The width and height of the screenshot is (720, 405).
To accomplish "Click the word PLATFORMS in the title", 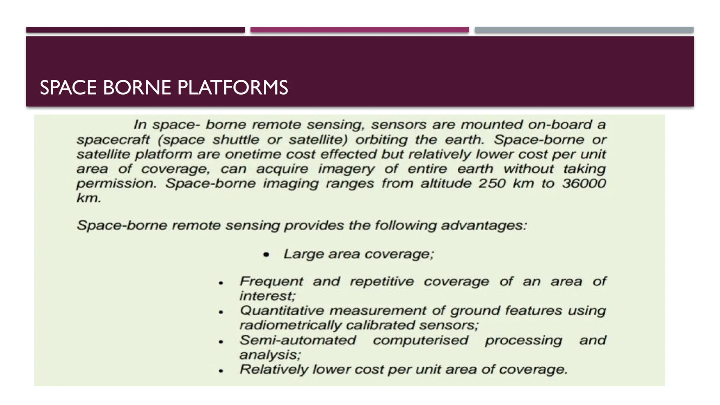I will coord(232,88).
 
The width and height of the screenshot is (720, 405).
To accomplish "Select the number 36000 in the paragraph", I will coord(584,183).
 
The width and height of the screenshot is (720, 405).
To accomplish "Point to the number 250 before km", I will coord(492,183).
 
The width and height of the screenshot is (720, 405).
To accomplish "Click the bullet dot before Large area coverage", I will coord(266,255).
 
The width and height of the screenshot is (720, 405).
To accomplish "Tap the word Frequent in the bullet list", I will coord(271,281).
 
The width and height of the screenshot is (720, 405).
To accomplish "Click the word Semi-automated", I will coord(298,340).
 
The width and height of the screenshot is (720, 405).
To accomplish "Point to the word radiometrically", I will coord(290,325).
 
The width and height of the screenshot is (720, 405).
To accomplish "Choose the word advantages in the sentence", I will coord(484,225).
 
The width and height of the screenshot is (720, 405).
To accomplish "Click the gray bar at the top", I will coord(584,30).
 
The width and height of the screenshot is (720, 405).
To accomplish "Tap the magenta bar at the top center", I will coord(360,30).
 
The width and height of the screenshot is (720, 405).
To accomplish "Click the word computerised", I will coord(420,340).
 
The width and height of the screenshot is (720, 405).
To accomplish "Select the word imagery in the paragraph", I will coord(346,169).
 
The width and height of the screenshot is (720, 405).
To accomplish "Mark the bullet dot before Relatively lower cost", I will coord(221,371).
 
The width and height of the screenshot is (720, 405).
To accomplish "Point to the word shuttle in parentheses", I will coord(236,140).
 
